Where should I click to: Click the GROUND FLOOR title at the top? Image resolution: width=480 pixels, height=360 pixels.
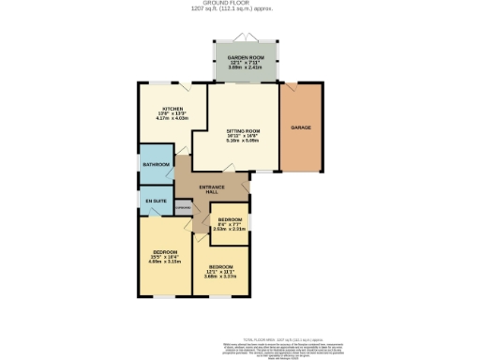(238, 3)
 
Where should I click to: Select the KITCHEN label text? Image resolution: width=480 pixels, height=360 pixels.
(170, 108)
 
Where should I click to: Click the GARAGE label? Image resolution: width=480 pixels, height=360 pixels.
(300, 127)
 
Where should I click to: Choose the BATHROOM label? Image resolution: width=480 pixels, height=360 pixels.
(156, 165)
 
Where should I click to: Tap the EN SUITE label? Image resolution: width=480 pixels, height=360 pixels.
(155, 200)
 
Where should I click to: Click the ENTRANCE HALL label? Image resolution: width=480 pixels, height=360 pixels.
(217, 188)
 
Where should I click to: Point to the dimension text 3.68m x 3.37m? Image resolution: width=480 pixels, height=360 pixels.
(220, 276)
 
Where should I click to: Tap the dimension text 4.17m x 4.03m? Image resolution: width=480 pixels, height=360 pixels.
(170, 119)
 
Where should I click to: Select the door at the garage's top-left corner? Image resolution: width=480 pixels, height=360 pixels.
(287, 85)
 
